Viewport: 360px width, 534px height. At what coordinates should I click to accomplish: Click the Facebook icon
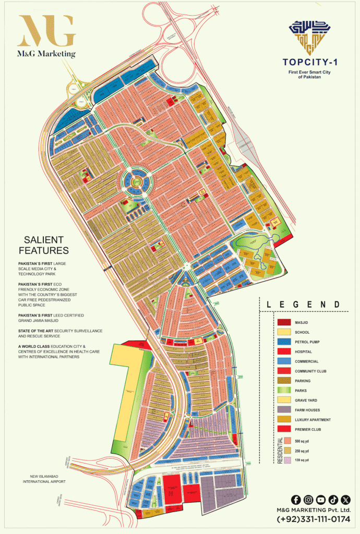tap(295, 500)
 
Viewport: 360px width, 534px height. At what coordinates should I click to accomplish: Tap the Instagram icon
tap(308, 500)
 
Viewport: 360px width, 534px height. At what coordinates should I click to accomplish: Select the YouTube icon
tap(321, 500)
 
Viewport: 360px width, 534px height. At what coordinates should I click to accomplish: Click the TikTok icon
tap(333, 500)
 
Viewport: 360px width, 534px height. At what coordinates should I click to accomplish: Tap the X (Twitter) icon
tap(346, 500)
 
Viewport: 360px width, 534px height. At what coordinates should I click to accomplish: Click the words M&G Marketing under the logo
tap(46, 54)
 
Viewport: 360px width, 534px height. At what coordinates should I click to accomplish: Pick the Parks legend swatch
tap(284, 391)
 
